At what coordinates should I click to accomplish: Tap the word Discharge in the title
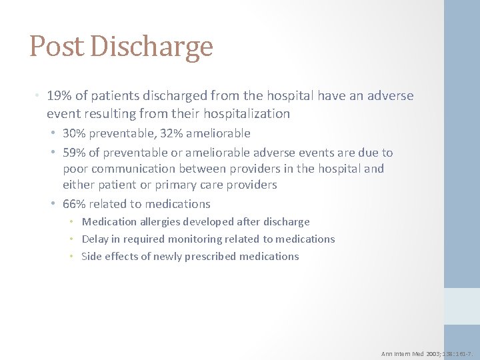[x=151, y=47]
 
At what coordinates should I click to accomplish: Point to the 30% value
[x=74, y=133]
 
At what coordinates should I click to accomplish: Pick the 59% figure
[x=74, y=153]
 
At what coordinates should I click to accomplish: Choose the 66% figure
[x=74, y=204]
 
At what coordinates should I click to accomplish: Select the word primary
[x=180, y=185]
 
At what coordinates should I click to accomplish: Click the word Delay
[x=95, y=239]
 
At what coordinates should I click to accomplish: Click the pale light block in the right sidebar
[x=462, y=306]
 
